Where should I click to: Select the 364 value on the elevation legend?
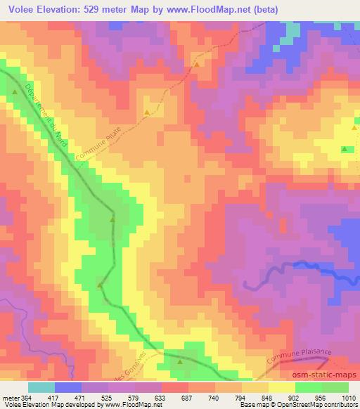click(28, 397)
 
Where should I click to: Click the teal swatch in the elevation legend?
click(41, 387)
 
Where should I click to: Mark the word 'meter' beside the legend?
click(11, 397)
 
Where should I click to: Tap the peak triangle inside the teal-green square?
click(345, 149)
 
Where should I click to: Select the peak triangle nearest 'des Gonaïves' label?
click(179, 362)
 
